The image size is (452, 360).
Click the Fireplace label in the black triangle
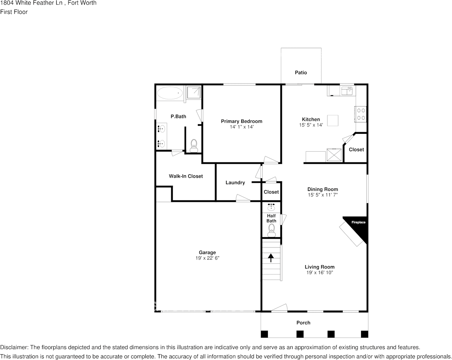[x=358, y=222]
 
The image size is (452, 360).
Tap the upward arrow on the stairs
[x=271, y=258]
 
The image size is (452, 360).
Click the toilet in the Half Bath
[x=271, y=228]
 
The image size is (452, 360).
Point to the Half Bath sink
[x=271, y=207]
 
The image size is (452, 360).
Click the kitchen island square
[x=333, y=121]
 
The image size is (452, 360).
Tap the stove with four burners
[x=361, y=114]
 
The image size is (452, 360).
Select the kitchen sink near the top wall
[x=347, y=91]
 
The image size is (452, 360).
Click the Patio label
[x=301, y=73]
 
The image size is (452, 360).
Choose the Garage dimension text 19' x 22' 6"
[x=207, y=258]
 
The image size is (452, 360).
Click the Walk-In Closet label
[x=186, y=176]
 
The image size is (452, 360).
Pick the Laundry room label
[x=235, y=183]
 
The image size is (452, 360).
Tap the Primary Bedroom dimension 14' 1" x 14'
[x=242, y=127]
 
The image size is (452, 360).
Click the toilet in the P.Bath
[x=194, y=145]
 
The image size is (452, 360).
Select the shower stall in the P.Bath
[x=194, y=92]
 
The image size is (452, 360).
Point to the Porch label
[x=303, y=323]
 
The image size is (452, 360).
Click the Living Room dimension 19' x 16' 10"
[x=320, y=273]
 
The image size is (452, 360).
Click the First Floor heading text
[x=14, y=12]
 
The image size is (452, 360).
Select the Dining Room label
[x=323, y=189]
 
